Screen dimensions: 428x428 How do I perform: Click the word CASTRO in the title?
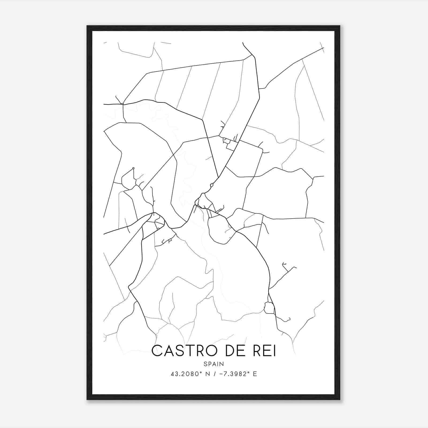click(185, 351)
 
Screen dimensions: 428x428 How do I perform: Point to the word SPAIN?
click(214, 364)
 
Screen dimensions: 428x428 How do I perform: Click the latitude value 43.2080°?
click(185, 374)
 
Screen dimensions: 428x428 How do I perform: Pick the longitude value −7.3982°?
click(235, 374)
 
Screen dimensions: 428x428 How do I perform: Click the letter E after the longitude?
click(255, 374)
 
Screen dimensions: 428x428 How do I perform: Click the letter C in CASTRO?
click(156, 351)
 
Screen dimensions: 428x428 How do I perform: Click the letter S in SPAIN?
click(205, 364)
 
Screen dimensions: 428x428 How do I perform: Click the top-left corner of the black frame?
click(87, 26)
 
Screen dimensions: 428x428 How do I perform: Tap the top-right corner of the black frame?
click(340, 26)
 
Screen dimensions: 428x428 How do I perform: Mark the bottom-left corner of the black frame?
click(87, 399)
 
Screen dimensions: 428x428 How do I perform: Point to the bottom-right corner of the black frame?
click(340, 399)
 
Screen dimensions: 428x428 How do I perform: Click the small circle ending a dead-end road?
click(133, 168)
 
